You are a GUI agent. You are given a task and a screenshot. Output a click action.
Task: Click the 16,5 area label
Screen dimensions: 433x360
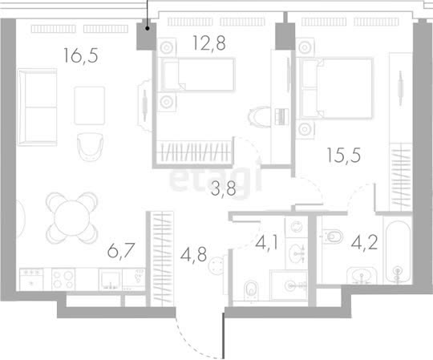(81, 55)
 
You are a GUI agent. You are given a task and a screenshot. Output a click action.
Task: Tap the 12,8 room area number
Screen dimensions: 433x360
(209, 43)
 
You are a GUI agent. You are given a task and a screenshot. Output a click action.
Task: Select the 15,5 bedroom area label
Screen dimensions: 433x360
(343, 156)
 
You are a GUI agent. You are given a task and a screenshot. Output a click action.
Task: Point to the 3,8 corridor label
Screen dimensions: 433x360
(224, 188)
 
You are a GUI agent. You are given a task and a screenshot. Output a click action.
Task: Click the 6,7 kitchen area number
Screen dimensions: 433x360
(121, 250)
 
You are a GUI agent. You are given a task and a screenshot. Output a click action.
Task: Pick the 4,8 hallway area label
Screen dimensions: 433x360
(193, 254)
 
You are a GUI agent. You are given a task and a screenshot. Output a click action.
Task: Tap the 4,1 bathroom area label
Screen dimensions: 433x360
(266, 243)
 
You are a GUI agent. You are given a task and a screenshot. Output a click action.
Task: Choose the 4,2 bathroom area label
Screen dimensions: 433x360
(364, 242)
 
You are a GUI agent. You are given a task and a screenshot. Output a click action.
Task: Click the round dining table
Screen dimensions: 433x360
(72, 218)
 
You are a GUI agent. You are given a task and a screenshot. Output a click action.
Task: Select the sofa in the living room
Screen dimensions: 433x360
(37, 107)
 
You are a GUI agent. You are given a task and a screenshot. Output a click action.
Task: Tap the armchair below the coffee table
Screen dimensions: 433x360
(90, 147)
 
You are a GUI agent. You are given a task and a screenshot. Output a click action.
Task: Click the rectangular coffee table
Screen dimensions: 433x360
(90, 106)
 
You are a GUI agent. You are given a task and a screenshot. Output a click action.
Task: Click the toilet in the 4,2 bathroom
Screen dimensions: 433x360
(332, 237)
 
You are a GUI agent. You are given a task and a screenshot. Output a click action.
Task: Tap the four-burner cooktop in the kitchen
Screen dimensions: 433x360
(63, 279)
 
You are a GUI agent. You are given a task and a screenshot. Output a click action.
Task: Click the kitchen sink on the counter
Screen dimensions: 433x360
(111, 279)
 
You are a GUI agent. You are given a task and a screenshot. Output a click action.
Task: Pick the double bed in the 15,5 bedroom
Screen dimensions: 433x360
(336, 88)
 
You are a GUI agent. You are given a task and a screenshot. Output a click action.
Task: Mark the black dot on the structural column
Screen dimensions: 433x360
(148, 28)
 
